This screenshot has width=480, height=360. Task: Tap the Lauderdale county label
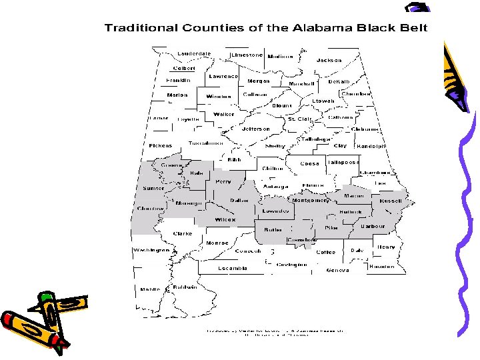pyautogui.click(x=194, y=54)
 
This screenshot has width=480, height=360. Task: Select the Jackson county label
pyautogui.click(x=329, y=60)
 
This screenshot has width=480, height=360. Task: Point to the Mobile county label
pyautogui.click(x=149, y=290)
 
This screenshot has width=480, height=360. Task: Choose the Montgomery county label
pyautogui.click(x=311, y=200)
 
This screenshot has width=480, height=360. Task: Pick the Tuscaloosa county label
pyautogui.click(x=205, y=143)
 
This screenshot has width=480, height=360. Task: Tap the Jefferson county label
pyautogui.click(x=256, y=129)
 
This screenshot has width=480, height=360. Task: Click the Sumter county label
pyautogui.click(x=153, y=189)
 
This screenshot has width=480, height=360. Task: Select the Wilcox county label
pyautogui.click(x=225, y=220)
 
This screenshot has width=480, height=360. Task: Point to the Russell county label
pyautogui.click(x=391, y=201)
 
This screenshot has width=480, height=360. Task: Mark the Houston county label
pyautogui.click(x=381, y=266)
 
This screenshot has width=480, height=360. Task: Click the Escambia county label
pyautogui.click(x=233, y=268)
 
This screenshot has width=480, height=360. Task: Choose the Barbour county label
pyautogui.click(x=373, y=227)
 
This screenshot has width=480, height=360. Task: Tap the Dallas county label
pyautogui.click(x=239, y=200)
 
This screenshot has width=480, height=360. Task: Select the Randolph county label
pyautogui.click(x=371, y=146)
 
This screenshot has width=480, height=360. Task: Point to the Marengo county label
pyautogui.click(x=189, y=203)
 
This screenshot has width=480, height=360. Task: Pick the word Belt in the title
pyautogui.click(x=409, y=28)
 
